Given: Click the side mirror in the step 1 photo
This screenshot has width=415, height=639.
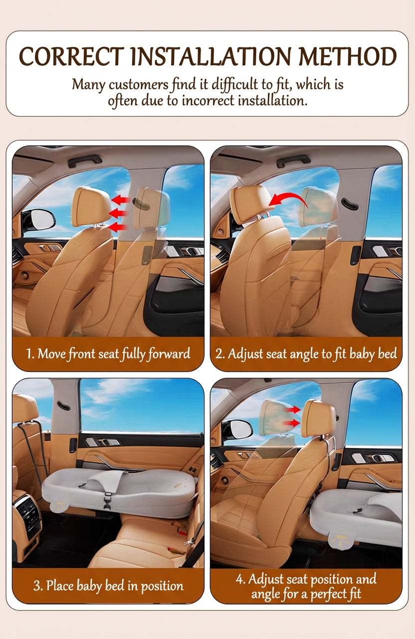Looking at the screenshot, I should click(x=38, y=220).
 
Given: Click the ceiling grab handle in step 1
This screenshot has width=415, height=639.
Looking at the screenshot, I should click(x=84, y=160).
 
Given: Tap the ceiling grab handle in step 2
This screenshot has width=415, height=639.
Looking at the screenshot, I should click(x=293, y=161).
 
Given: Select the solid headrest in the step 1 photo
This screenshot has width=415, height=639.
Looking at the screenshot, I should click(x=91, y=206).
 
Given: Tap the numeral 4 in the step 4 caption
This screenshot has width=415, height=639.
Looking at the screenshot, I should click(x=238, y=580).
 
